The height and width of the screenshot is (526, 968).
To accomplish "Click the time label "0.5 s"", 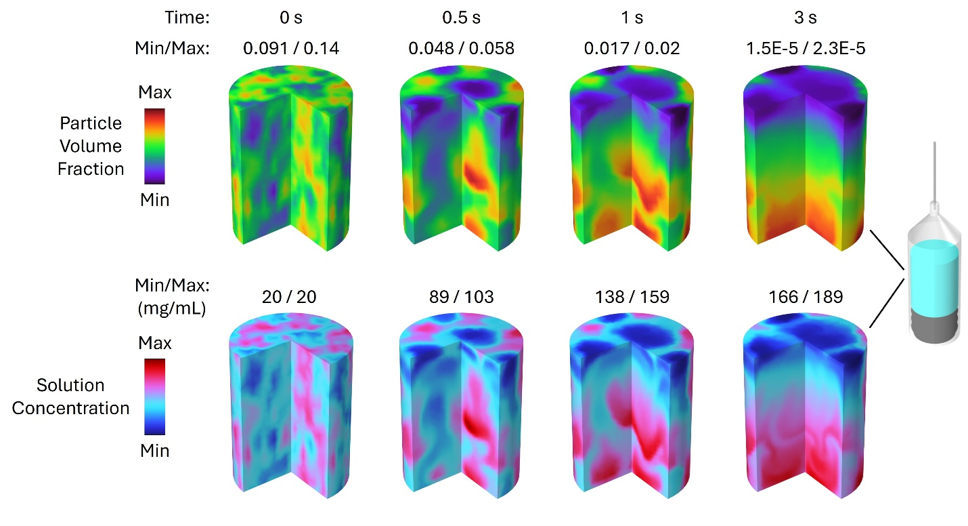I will pyautogui.click(x=461, y=18).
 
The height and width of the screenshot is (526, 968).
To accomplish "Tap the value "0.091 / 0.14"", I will pyautogui.click(x=290, y=49).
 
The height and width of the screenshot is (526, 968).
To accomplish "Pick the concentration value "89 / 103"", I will pyautogui.click(x=461, y=298).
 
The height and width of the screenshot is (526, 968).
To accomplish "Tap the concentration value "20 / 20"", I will pyautogui.click(x=290, y=298).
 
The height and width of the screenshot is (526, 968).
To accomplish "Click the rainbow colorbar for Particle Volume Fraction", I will pyautogui.click(x=154, y=146).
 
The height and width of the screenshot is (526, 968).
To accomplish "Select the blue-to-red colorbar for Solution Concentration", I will pyautogui.click(x=154, y=396).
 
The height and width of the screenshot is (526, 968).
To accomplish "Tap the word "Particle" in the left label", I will pyautogui.click(x=91, y=124).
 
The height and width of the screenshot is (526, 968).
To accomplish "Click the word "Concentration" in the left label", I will pyautogui.click(x=71, y=408).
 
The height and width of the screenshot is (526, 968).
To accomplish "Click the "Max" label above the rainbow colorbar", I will pyautogui.click(x=154, y=92).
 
